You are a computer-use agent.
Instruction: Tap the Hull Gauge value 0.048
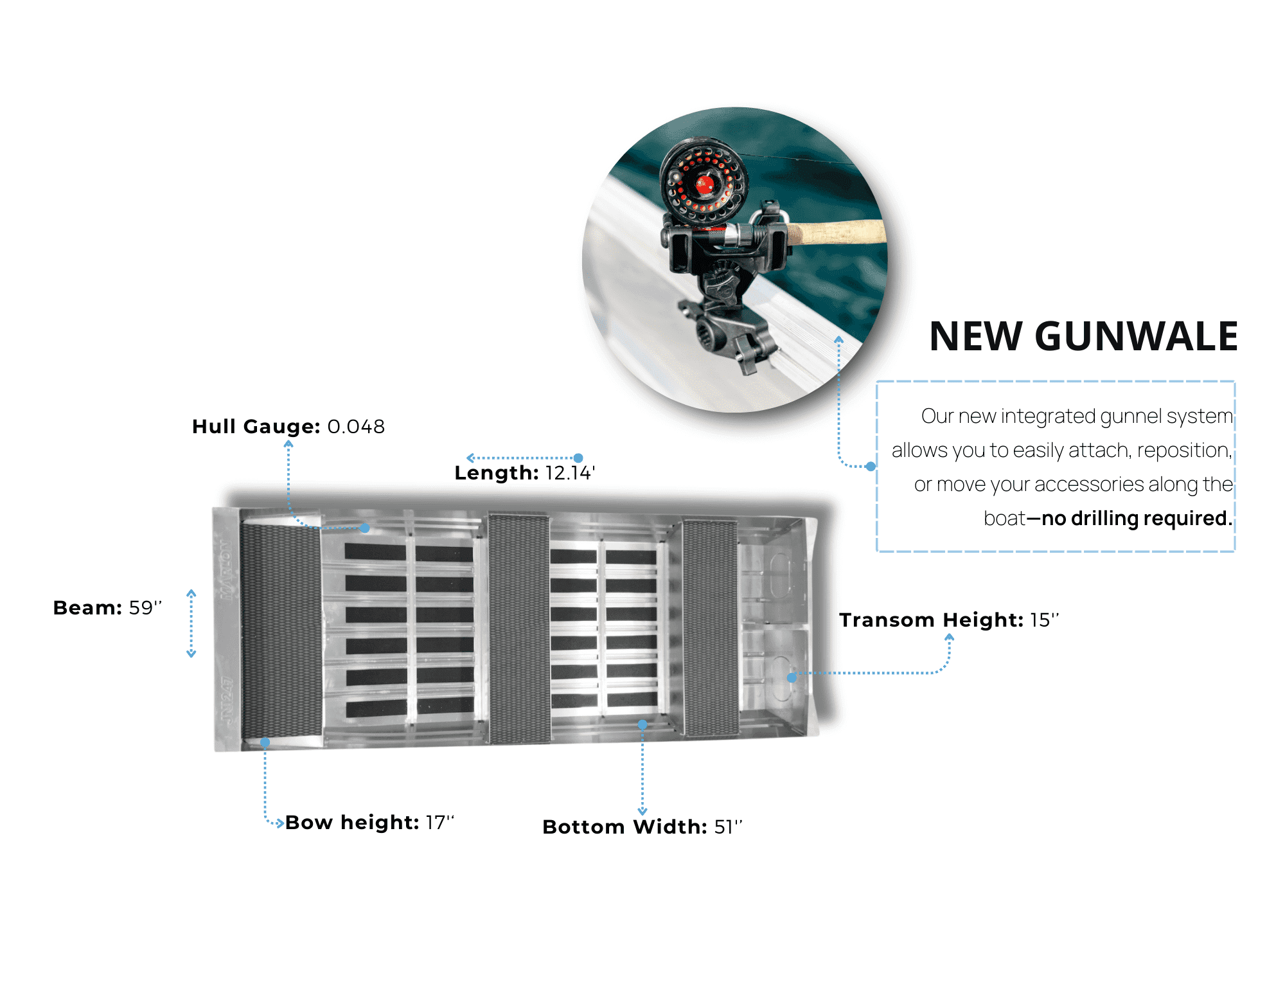356,427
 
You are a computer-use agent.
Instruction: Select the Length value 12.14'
570,473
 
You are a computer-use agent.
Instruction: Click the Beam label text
87,607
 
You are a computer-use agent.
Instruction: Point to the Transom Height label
931,620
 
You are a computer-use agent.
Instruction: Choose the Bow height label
352,823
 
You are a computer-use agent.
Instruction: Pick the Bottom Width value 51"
728,827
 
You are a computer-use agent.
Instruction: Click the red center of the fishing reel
705,184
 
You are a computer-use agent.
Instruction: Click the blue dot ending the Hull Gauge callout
365,528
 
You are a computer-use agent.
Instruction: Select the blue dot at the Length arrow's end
578,458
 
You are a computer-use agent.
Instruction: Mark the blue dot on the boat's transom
792,677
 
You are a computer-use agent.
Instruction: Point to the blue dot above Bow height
265,742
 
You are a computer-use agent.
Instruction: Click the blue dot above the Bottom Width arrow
642,725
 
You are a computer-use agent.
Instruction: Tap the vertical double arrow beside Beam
191,623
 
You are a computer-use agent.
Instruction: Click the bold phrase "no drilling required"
1135,519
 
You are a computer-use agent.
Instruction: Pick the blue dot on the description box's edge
871,467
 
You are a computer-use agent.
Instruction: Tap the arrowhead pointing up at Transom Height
949,638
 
